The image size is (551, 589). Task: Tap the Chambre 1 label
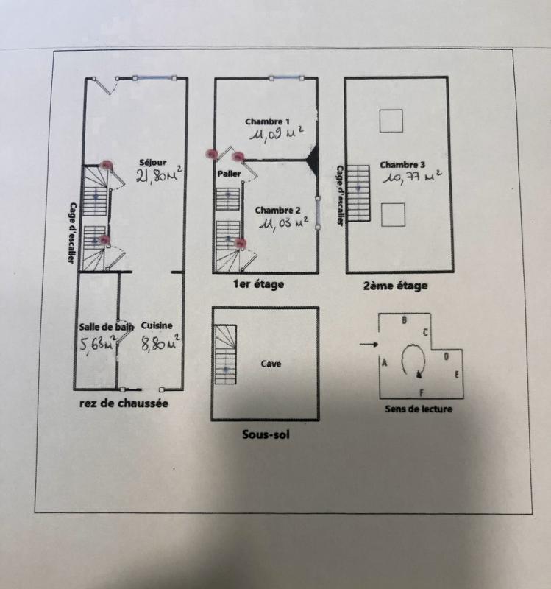pyautogui.click(x=268, y=121)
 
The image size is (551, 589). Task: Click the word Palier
pyautogui.click(x=229, y=174)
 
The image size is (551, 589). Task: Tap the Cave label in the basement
pyautogui.click(x=271, y=363)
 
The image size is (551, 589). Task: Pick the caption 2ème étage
pyautogui.click(x=395, y=286)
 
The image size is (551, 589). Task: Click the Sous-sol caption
pyautogui.click(x=266, y=434)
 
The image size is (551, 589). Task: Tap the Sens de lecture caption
pyautogui.click(x=419, y=409)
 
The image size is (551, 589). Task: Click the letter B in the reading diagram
pyautogui.click(x=404, y=320)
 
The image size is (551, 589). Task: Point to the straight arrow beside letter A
pyautogui.click(x=369, y=344)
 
